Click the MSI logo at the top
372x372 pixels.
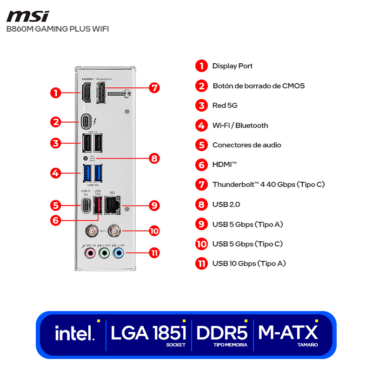point(28,16)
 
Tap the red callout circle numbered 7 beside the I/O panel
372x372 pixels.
point(154,87)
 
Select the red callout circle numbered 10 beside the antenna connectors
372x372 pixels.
point(154,230)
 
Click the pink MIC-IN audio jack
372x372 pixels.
point(90,253)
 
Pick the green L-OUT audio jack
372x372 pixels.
point(105,253)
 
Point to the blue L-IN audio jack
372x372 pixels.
point(119,253)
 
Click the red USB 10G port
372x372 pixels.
point(97,205)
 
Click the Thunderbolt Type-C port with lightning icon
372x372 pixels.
point(86,122)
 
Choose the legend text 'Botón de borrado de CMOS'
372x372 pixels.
point(259,86)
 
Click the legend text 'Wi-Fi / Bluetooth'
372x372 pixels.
point(240,125)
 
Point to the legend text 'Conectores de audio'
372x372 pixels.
point(246,145)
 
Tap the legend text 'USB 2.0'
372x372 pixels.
point(226,204)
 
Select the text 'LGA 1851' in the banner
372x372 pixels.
point(148,332)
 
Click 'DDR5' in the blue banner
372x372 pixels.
point(222,332)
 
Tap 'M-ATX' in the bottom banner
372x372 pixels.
point(288,332)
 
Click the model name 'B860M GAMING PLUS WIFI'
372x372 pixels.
point(58,29)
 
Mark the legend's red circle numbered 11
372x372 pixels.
point(201,264)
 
